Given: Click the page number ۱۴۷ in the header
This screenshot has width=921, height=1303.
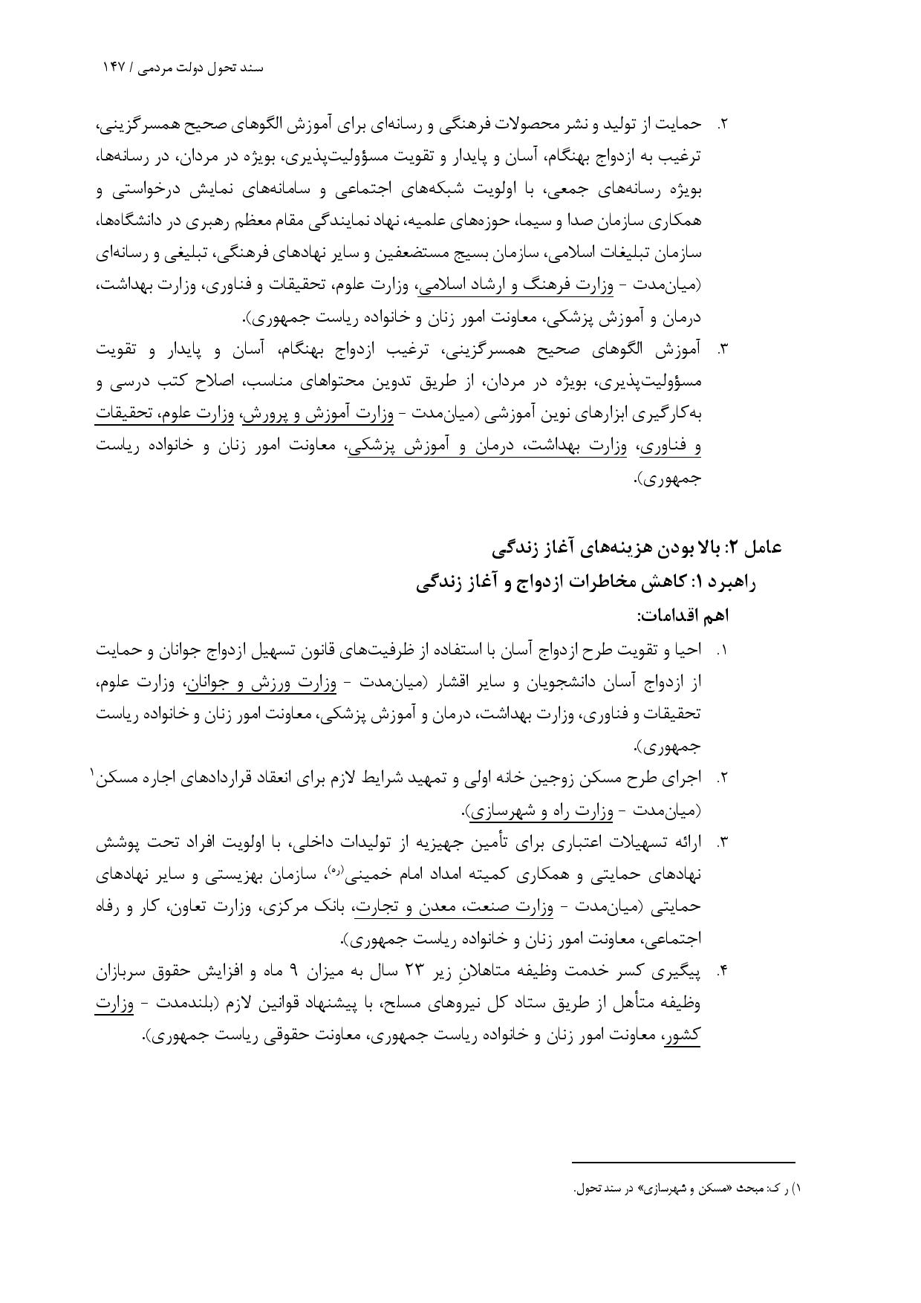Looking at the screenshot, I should (115, 68).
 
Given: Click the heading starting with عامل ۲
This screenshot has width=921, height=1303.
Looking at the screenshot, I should (637, 548).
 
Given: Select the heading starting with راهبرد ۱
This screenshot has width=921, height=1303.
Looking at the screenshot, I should (586, 582).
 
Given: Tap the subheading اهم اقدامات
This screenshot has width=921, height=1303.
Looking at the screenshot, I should (683, 616).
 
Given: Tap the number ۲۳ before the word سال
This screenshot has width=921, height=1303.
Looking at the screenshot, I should (443, 972).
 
